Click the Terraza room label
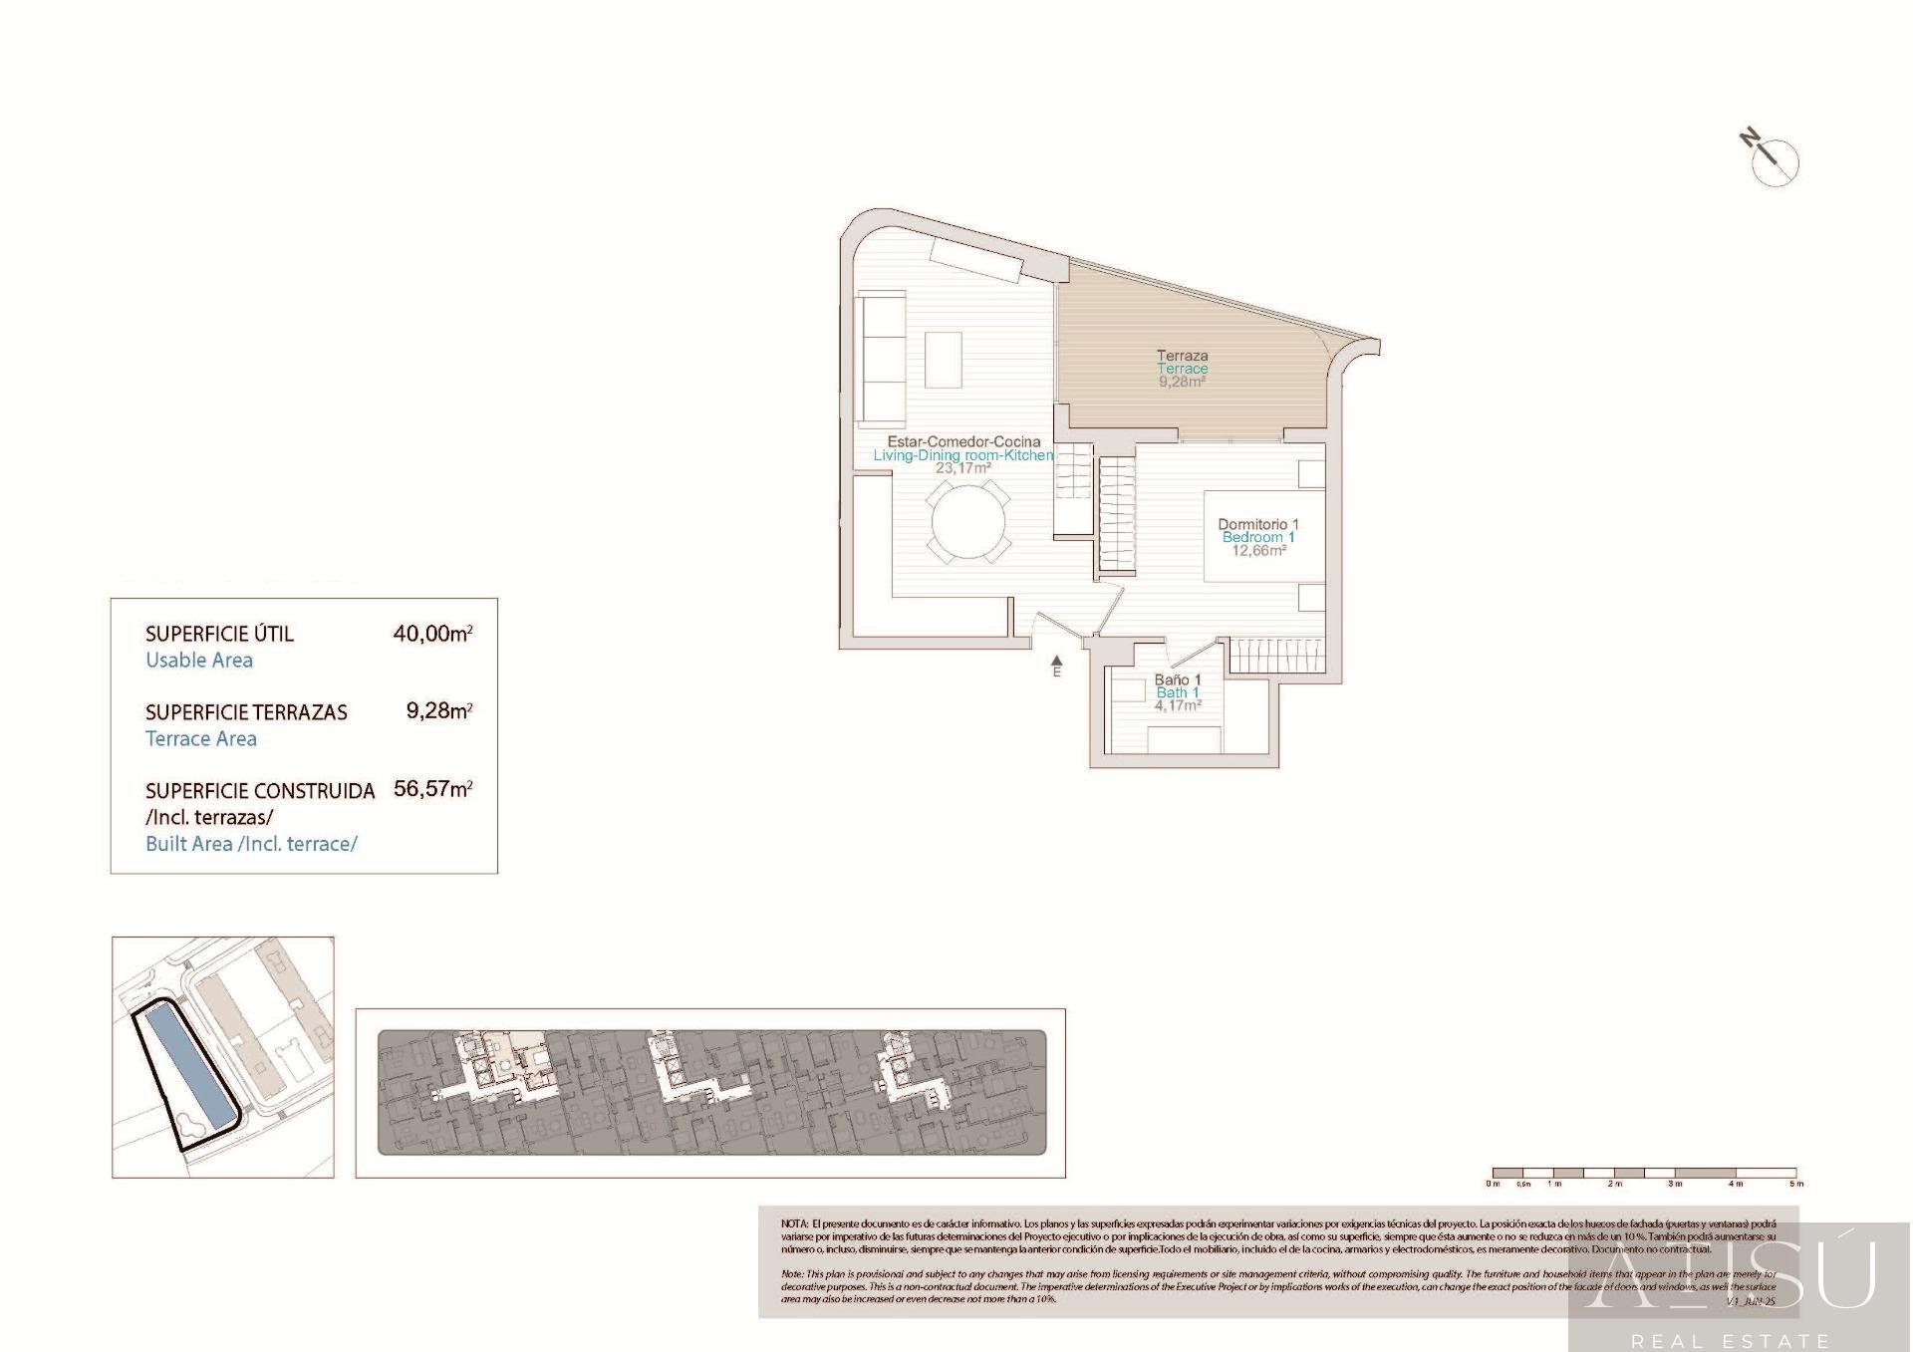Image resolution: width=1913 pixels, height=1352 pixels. tap(1182, 355)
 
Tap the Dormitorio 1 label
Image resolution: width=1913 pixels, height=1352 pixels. tap(1258, 524)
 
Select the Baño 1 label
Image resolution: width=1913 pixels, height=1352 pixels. tap(1178, 679)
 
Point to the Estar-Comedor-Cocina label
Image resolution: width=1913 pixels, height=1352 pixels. tap(963, 441)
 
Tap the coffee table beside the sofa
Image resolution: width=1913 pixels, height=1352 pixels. tap(943, 360)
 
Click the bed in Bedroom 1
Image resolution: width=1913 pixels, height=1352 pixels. tap(1263, 536)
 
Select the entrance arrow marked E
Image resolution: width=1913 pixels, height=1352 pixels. tap(1057, 662)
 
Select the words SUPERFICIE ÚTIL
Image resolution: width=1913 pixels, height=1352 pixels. tap(219, 634)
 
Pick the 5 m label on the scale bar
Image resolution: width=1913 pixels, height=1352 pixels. tap(1796, 1184)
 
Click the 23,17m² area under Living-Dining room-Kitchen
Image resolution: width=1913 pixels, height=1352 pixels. tap(962, 467)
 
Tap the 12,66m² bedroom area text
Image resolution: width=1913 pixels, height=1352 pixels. tap(1258, 550)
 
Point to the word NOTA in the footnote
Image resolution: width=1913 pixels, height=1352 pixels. tap(794, 1223)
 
